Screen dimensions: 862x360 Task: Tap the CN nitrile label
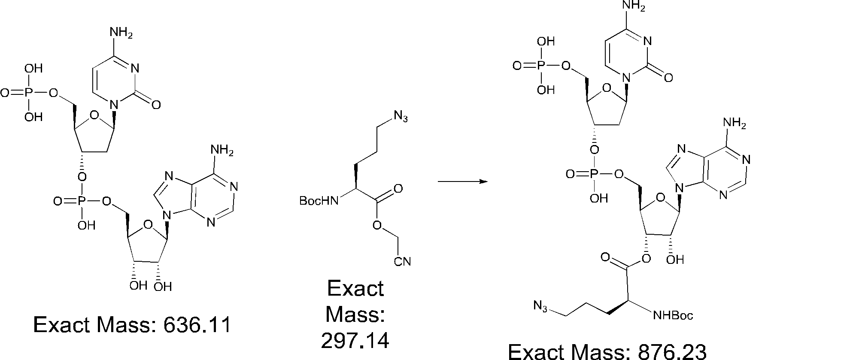pyautogui.click(x=402, y=262)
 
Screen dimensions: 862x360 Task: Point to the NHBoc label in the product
pyautogui.click(x=673, y=316)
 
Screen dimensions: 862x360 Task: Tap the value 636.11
pyautogui.click(x=197, y=325)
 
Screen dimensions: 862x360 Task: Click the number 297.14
pyautogui.click(x=355, y=341)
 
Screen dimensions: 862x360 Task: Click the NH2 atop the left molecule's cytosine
pyautogui.click(x=121, y=33)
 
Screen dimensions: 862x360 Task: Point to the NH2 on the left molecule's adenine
pyautogui.click(x=222, y=151)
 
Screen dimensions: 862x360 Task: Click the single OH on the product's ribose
pyautogui.click(x=674, y=259)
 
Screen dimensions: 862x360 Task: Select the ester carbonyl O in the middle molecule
pyautogui.click(x=398, y=189)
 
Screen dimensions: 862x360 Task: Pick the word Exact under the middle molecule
pyautogui.click(x=355, y=288)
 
